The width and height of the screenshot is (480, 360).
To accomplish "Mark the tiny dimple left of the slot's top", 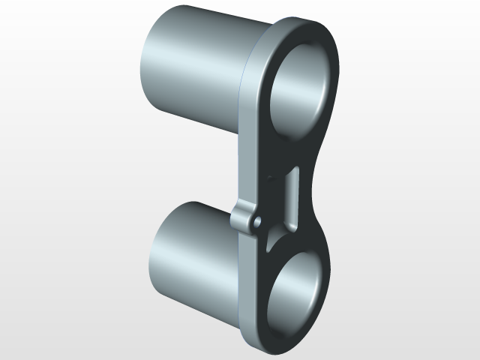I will tap(268, 178).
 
